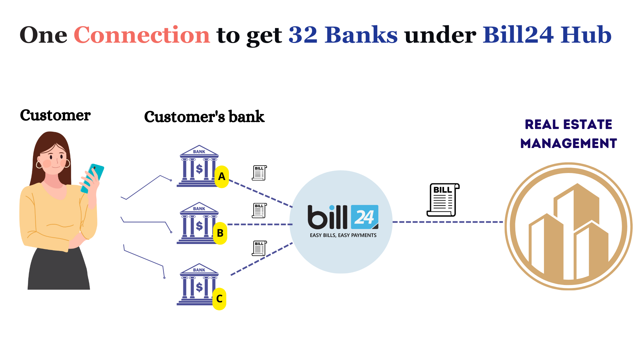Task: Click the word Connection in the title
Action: [142, 35]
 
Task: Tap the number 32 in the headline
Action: [303, 35]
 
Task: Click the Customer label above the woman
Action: [55, 115]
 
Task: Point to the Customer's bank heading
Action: [204, 117]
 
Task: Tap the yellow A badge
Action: [222, 176]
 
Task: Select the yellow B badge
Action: [220, 233]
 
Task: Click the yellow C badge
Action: [219, 299]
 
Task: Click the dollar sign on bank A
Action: [199, 169]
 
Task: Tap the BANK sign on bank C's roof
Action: [199, 270]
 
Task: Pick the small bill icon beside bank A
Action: [259, 173]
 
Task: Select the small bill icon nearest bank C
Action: [259, 248]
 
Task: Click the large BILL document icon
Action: [443, 200]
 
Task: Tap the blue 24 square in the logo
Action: [364, 217]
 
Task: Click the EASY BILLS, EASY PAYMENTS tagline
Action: [343, 235]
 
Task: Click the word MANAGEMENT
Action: [568, 144]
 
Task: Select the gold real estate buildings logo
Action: [568, 226]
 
